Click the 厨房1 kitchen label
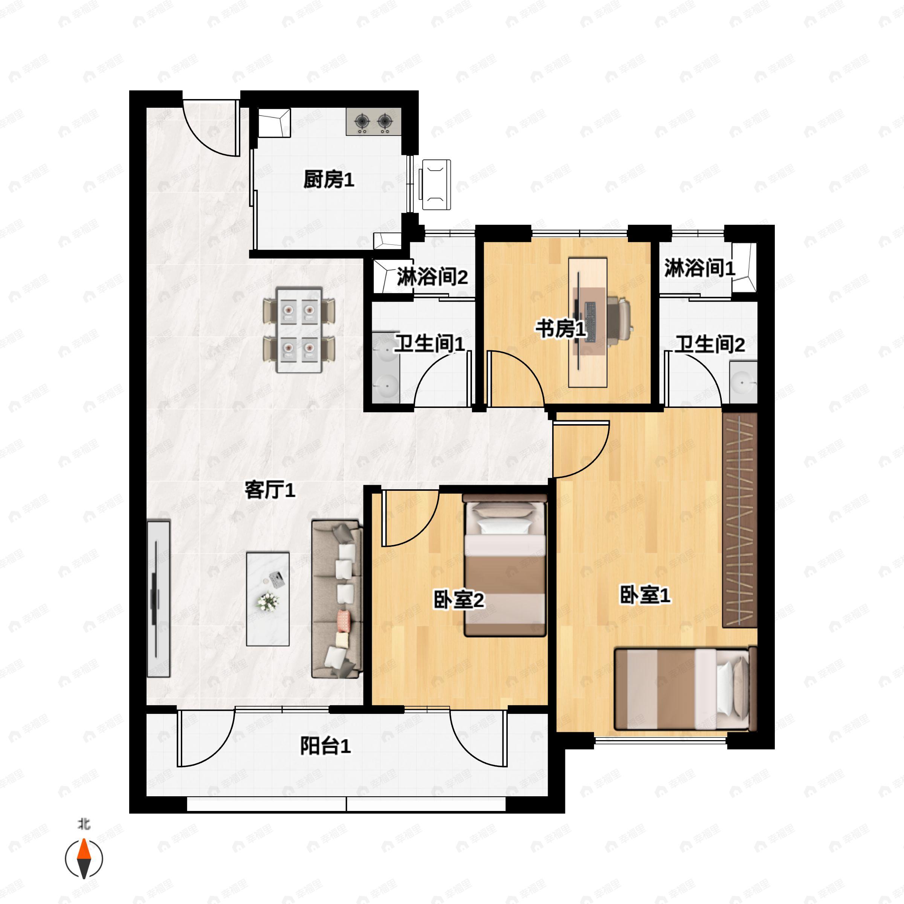click(x=328, y=180)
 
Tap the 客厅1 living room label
click(x=270, y=490)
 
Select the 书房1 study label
click(x=560, y=328)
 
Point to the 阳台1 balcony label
click(x=325, y=745)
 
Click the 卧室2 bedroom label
click(x=458, y=600)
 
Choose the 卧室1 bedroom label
click(x=645, y=595)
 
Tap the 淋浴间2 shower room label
click(x=432, y=276)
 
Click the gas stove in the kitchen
click(x=373, y=122)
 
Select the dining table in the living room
click(x=299, y=330)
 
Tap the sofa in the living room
click(x=337, y=599)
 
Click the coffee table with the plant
click(x=268, y=599)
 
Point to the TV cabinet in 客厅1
click(x=158, y=599)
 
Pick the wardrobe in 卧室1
click(x=739, y=519)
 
